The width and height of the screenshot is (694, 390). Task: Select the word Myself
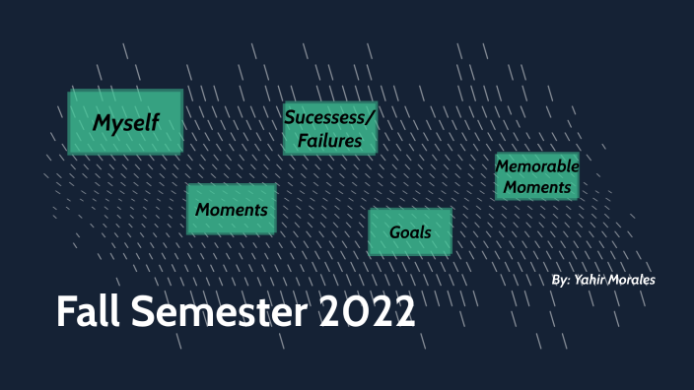(x=125, y=123)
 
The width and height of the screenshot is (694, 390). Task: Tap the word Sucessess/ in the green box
(x=330, y=118)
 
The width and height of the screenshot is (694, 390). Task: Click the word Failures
(x=330, y=141)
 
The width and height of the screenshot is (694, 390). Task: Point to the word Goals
(x=410, y=233)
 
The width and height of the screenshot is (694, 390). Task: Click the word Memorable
(x=536, y=166)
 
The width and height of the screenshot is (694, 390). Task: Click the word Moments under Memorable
(x=536, y=186)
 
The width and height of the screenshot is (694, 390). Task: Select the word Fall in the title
(x=86, y=313)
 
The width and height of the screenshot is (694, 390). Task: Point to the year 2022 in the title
(x=367, y=313)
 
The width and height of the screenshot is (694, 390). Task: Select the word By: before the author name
(x=562, y=281)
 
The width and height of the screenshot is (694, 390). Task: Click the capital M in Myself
(x=101, y=123)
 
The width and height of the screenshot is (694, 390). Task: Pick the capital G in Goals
(x=395, y=233)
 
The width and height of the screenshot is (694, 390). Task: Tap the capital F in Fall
(x=65, y=313)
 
